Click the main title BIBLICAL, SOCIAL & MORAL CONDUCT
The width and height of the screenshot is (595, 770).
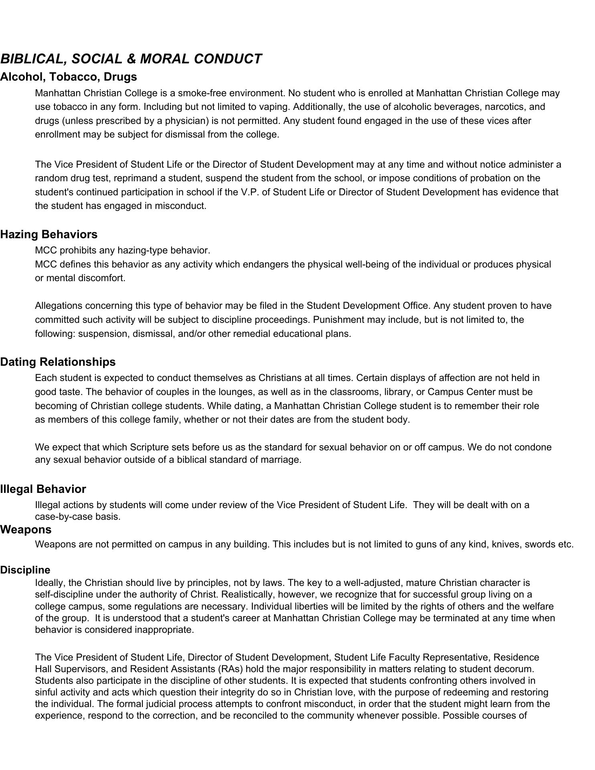pyautogui.click(x=131, y=59)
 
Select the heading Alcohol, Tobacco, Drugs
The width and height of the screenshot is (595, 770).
pyautogui.click(x=69, y=77)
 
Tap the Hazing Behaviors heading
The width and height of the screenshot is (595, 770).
pyautogui.click(x=49, y=235)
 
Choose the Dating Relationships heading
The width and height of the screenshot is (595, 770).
pyautogui.click(x=58, y=362)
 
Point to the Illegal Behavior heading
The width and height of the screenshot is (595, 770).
pyautogui.click(x=43, y=489)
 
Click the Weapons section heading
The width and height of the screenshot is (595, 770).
pyautogui.click(x=26, y=530)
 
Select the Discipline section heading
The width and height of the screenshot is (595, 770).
pyautogui.click(x=25, y=570)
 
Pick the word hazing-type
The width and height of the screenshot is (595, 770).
pyautogui.click(x=142, y=251)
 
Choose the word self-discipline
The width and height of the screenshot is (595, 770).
pyautogui.click(x=65, y=594)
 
